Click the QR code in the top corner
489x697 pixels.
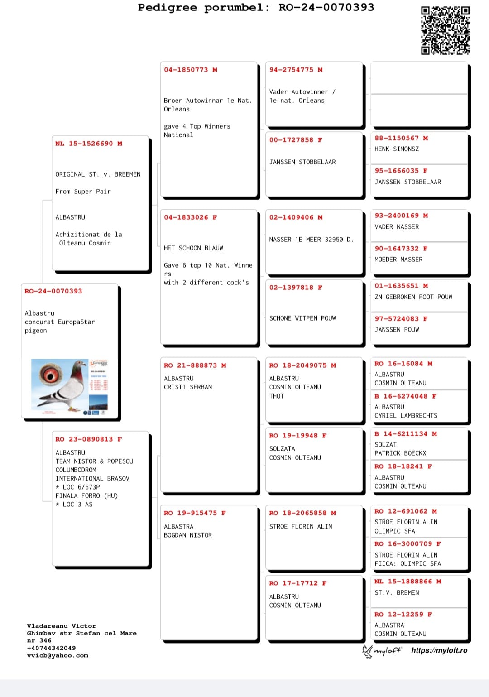tap(445, 30)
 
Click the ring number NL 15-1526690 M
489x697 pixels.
tap(89, 144)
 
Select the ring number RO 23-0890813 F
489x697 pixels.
tap(89, 439)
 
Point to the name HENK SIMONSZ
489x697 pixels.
tap(397, 149)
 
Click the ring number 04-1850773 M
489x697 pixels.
tap(191, 70)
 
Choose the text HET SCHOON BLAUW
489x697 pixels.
tap(193, 248)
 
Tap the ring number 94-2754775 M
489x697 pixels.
tap(296, 70)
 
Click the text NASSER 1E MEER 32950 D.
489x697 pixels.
tap(311, 240)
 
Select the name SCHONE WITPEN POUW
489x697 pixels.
tap(302, 318)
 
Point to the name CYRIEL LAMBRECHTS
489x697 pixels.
tap(406, 416)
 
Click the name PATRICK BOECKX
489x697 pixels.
tap(400, 453)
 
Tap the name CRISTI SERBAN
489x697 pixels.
tap(188, 387)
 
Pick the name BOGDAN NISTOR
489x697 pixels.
tap(188, 535)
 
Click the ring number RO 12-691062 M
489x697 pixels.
tap(406, 511)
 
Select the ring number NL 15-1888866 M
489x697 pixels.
tap(408, 582)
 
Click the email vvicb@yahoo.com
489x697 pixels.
tap(58, 655)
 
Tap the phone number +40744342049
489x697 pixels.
tap(51, 648)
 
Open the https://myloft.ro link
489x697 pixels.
tap(439, 650)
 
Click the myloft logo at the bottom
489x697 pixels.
tap(382, 651)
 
